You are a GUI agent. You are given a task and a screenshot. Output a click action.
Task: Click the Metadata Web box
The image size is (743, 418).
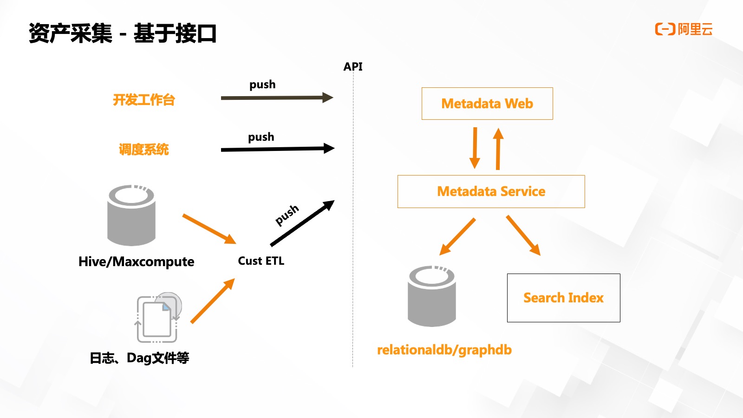(487, 104)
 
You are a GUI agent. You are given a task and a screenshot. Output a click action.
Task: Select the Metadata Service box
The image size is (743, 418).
(491, 191)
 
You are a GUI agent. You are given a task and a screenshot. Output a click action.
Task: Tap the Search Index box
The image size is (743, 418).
(563, 298)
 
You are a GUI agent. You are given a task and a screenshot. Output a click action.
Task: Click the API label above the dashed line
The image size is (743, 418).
(353, 67)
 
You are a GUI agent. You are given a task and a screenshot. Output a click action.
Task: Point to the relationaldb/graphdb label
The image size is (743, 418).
(444, 350)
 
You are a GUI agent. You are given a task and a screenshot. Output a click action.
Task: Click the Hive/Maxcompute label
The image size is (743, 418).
(136, 262)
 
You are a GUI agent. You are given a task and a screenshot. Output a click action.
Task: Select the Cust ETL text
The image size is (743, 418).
(261, 261)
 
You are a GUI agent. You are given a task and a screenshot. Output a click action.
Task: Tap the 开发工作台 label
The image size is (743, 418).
(144, 100)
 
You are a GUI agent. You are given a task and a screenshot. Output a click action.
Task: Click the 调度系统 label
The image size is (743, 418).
(144, 150)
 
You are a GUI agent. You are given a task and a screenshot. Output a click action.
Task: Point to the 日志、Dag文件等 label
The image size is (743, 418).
(139, 358)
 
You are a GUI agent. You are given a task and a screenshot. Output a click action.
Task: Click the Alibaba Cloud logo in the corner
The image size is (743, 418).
(684, 30)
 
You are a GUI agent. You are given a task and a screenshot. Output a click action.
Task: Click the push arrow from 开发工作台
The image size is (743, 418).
(277, 98)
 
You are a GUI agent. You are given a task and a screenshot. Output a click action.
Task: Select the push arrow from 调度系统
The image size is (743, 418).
(277, 149)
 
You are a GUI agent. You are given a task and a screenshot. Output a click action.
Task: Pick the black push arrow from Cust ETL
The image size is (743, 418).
(302, 223)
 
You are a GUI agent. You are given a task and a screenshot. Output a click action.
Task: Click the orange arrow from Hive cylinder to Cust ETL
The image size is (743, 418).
(209, 229)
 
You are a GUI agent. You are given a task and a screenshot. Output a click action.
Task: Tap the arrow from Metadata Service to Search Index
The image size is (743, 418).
(523, 235)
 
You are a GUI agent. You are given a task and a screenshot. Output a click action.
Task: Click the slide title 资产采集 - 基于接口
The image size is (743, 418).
(123, 33)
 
